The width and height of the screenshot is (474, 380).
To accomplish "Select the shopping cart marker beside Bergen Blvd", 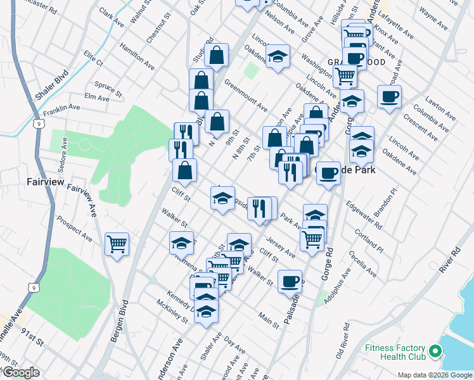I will (117, 244).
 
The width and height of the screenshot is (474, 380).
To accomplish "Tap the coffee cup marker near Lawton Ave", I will (389, 98).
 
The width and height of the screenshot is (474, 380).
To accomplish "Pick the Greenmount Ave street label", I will (245, 94).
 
